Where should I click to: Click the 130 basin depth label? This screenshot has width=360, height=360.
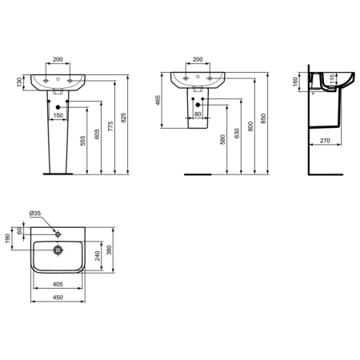[x=18, y=83]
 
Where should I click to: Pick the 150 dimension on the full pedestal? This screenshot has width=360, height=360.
[x=58, y=115]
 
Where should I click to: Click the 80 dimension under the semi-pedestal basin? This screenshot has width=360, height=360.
[x=197, y=114]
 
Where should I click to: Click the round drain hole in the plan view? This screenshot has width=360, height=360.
[x=58, y=249]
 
